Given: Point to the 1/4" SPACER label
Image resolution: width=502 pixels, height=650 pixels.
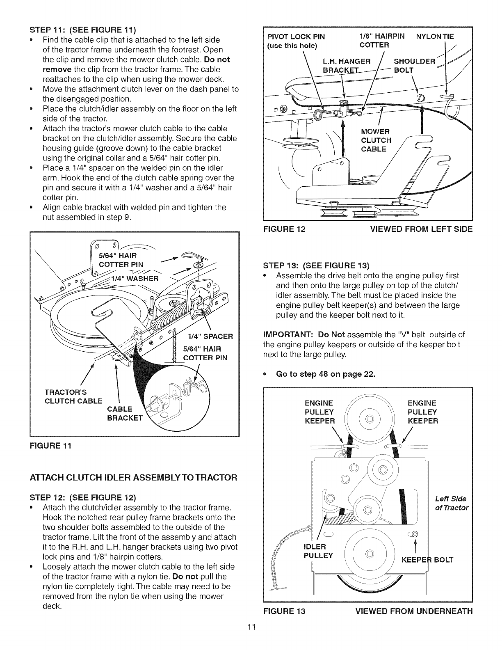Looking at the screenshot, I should [x=210, y=336].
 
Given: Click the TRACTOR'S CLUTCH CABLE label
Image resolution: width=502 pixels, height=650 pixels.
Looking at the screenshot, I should [x=73, y=396].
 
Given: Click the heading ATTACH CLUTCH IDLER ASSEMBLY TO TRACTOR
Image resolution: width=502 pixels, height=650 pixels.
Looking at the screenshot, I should [x=133, y=478].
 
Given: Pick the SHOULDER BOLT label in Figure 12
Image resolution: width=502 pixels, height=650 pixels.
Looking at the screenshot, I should [x=414, y=66].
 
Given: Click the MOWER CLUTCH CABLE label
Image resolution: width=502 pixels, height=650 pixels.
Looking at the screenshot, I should [x=376, y=140].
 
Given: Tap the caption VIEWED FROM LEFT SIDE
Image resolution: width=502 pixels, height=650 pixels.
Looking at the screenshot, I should [x=421, y=229].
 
